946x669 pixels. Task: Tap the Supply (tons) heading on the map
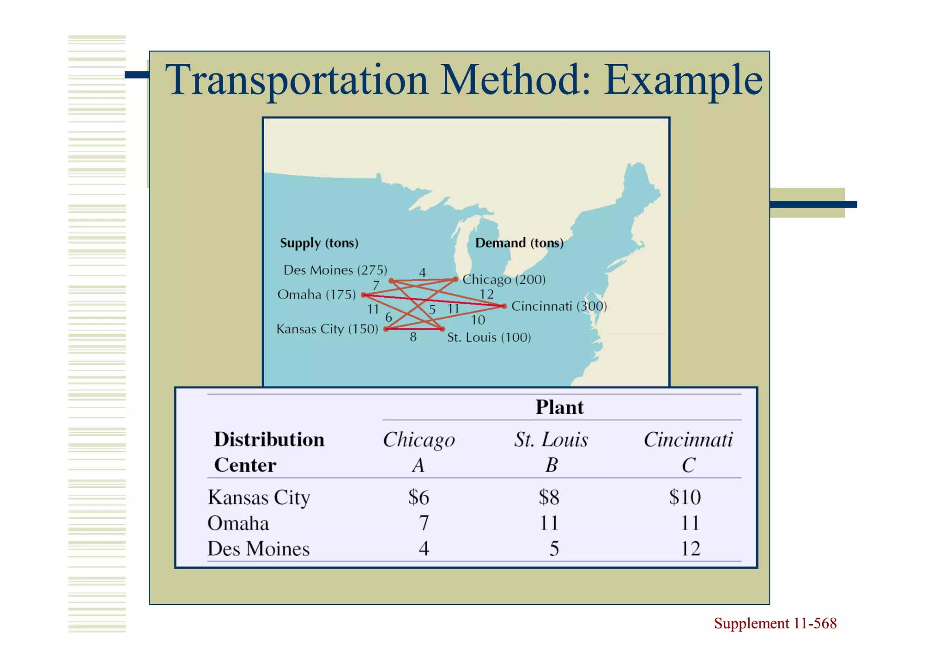tap(319, 243)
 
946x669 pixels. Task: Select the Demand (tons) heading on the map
tap(519, 243)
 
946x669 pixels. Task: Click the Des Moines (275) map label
tap(335, 270)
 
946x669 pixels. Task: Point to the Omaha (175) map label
tap(316, 295)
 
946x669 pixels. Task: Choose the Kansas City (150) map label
tap(327, 329)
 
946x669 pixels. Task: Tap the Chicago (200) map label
tap(504, 279)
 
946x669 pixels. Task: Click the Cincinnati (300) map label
tap(559, 306)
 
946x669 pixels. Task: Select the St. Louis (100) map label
tap(489, 338)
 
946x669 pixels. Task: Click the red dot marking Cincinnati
tap(504, 306)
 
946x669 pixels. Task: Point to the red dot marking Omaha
tap(364, 295)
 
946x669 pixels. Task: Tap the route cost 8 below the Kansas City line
tap(413, 338)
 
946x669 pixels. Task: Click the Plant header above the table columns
tap(559, 407)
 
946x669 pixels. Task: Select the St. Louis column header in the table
tap(551, 440)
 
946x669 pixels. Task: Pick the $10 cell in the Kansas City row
tap(685, 497)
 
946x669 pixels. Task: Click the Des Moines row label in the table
tap(258, 549)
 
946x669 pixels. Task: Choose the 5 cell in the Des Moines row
tap(554, 549)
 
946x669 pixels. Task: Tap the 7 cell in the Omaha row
tap(424, 523)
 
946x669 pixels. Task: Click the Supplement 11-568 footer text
tap(775, 623)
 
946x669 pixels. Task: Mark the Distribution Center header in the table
tap(269, 452)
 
